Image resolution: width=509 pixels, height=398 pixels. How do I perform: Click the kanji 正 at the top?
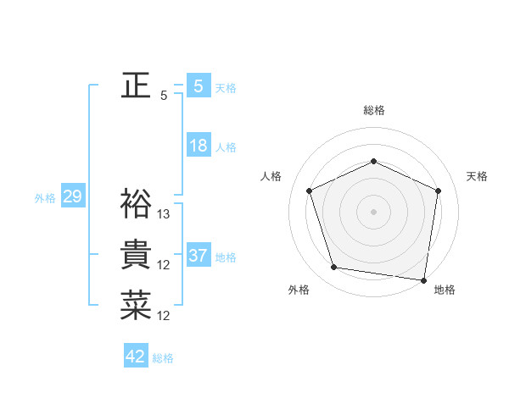137,86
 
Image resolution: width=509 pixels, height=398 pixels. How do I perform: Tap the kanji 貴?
137,255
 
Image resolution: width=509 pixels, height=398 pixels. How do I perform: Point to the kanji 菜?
137,306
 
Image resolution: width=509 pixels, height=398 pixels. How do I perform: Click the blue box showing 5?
198,86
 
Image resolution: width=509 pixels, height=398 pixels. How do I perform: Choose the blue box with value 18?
198,146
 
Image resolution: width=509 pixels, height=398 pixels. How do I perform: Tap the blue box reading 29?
72,197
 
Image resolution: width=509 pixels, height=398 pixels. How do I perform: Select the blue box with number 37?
198,256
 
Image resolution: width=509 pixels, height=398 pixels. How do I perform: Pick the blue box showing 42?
136,357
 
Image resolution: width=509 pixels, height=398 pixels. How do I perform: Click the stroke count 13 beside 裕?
165,214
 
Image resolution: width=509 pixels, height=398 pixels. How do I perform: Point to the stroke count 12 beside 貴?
165,265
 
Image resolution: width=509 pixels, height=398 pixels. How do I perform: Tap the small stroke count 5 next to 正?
164,96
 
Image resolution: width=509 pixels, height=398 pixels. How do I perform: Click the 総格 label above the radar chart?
374,110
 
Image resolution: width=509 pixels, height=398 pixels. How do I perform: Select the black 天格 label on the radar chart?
477,176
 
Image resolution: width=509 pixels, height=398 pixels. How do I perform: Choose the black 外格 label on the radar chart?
299,290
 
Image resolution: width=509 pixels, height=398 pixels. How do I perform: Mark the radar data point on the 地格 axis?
424,279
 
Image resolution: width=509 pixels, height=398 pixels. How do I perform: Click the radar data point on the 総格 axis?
374,161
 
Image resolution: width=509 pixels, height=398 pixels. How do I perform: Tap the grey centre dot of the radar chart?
374,211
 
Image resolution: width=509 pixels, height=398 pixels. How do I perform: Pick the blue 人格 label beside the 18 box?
226,147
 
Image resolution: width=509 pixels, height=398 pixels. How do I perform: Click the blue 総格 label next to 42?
163,358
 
